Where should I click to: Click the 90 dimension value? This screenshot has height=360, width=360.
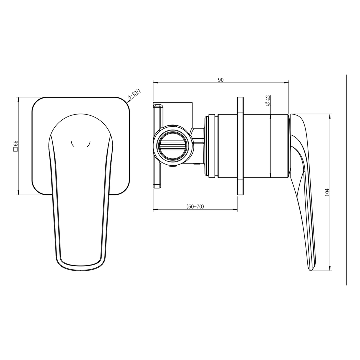coord(220,80)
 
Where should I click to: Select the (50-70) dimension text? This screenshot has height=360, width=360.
coord(195,207)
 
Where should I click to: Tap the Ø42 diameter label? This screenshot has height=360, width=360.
coord(268,100)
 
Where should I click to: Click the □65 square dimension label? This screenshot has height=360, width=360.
coord(15,146)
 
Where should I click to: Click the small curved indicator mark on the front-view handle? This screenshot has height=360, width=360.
coord(81,144)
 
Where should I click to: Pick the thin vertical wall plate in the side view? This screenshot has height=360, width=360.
coord(240,146)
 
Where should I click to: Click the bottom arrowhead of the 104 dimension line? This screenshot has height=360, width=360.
coord(330,268)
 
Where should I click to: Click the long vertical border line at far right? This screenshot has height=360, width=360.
coord(346,180)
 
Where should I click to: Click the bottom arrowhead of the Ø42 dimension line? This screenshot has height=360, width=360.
coord(270,175)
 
